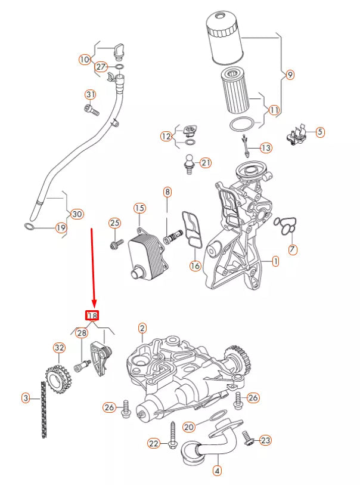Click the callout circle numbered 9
click(290, 75)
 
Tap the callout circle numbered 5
click(320, 132)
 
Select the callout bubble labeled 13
click(265, 147)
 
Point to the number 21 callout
click(206, 162)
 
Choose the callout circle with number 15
click(139, 208)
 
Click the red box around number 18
click(92, 316)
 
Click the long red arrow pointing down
click(92, 265)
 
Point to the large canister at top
click(226, 39)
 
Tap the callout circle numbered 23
click(265, 440)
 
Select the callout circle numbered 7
click(292, 250)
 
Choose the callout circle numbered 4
click(217, 471)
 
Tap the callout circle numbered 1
click(275, 261)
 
